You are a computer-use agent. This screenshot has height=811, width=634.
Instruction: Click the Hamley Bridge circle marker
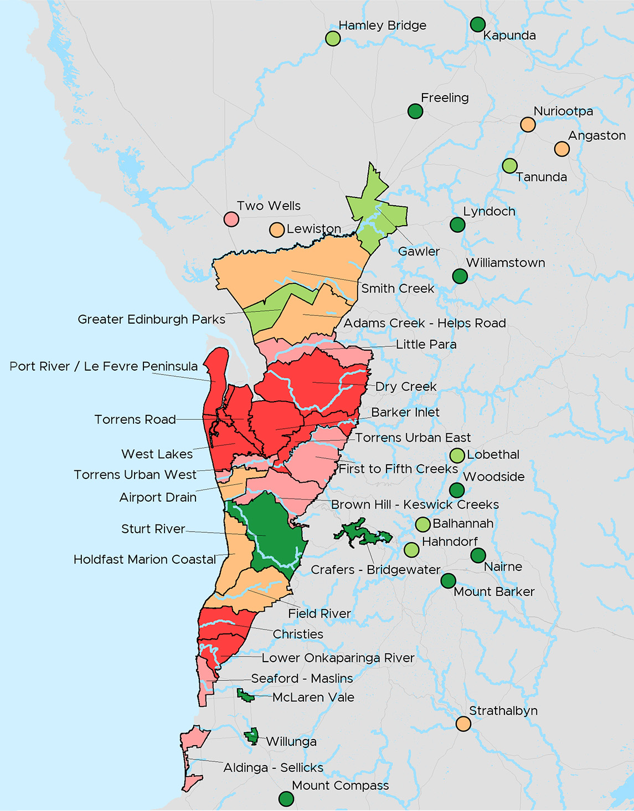click(333, 38)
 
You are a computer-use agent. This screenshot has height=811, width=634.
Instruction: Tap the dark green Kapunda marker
click(478, 24)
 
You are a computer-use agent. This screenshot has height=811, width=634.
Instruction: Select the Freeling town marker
click(415, 111)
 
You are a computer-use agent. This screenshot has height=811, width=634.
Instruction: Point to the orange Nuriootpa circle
click(528, 124)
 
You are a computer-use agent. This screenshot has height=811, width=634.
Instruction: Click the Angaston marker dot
click(562, 149)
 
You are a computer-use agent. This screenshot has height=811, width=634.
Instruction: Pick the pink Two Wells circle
click(231, 219)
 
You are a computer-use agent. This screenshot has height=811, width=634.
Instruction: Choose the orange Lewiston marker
click(277, 230)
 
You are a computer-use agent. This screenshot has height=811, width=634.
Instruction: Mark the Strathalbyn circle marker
click(463, 724)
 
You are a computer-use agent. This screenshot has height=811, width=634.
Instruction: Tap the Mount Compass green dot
click(286, 799)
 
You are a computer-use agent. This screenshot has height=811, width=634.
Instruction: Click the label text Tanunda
click(541, 177)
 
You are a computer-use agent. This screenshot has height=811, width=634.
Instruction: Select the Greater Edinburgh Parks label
click(151, 319)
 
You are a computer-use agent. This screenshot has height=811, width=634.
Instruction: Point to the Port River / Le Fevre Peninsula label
click(104, 366)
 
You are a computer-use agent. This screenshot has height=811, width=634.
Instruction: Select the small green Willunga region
click(252, 736)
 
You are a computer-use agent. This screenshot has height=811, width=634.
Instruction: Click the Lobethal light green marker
click(457, 455)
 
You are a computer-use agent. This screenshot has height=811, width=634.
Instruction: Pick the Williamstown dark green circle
click(460, 276)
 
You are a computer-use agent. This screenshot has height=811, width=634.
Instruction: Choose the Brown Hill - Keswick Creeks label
click(415, 505)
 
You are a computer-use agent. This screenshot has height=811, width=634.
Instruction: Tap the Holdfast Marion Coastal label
click(145, 559)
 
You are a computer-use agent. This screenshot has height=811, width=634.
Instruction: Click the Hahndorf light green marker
click(411, 550)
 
